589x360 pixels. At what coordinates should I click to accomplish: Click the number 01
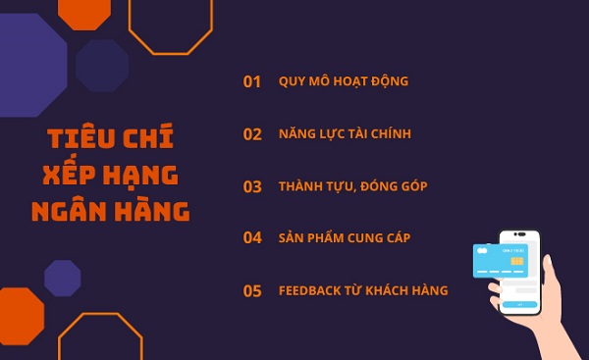click(x=252, y=81)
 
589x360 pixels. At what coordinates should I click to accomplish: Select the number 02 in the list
click(x=252, y=134)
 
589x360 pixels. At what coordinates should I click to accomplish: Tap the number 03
click(x=252, y=186)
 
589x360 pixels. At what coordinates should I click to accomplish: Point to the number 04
click(x=252, y=238)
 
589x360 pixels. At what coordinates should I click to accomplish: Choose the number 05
click(x=252, y=290)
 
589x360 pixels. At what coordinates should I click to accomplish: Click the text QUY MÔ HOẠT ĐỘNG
click(x=343, y=81)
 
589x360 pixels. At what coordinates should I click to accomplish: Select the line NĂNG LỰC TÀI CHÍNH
click(x=345, y=134)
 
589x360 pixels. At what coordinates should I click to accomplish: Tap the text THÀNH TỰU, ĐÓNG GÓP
click(x=352, y=186)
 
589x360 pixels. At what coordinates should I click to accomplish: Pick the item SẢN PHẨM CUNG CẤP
click(x=344, y=238)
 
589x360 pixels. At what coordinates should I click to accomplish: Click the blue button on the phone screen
click(x=520, y=305)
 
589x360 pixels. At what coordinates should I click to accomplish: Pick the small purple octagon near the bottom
click(x=63, y=278)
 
